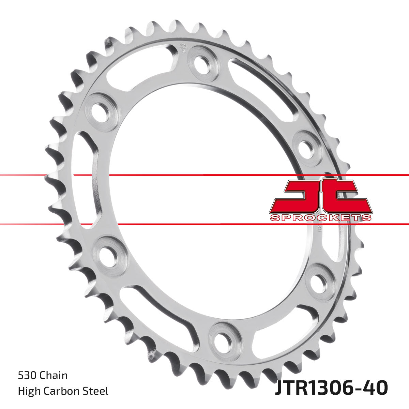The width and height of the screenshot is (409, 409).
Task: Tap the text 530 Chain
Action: tap(43, 376)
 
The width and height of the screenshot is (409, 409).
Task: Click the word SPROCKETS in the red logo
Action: tap(320, 218)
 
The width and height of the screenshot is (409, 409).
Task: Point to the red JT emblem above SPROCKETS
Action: tap(320, 196)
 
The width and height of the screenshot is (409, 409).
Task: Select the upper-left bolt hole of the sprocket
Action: tap(102, 111)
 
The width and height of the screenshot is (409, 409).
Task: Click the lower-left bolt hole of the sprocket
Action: tap(109, 256)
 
